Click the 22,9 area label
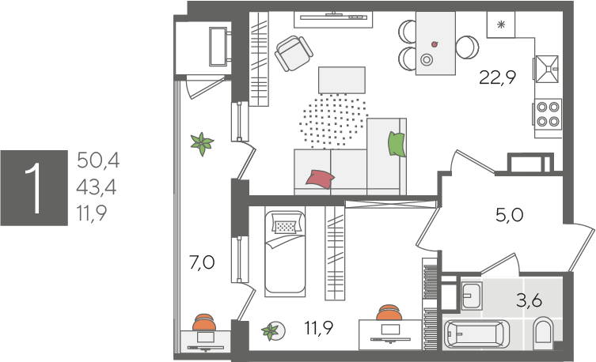tap(497, 77)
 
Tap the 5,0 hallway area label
tap(510, 215)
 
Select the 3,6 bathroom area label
tap(529, 300)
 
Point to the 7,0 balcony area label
tap(202, 262)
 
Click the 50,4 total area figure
tap(98, 160)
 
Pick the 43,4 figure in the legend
tap(97, 187)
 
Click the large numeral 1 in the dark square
tap(34, 188)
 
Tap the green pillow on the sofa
tap(397, 144)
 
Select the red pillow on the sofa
tap(320, 179)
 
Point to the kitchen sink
tap(548, 69)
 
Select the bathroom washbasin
tap(471, 296)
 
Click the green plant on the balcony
tap(202, 143)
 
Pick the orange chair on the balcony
tap(204, 322)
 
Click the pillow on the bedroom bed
tap(286, 227)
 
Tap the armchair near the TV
tap(294, 53)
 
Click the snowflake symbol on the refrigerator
tap(501, 25)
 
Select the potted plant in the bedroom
tap(273, 331)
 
